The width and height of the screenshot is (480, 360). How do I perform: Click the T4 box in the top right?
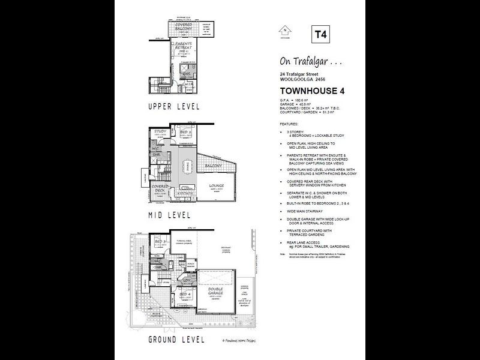[x=320, y=34]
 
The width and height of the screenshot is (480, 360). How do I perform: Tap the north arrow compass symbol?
[x=286, y=31]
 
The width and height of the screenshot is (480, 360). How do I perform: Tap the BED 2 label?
[x=186, y=132]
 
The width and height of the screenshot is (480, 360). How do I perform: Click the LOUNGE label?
[x=217, y=186]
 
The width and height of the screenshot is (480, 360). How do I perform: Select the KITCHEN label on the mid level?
[x=186, y=194]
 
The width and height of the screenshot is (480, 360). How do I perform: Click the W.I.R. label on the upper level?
[x=188, y=84]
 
